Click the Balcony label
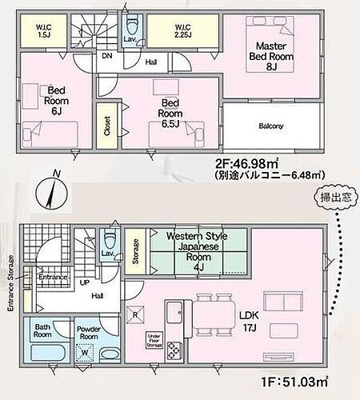point(271,126)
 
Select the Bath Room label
point(41,331)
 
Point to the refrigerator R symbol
point(136,315)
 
